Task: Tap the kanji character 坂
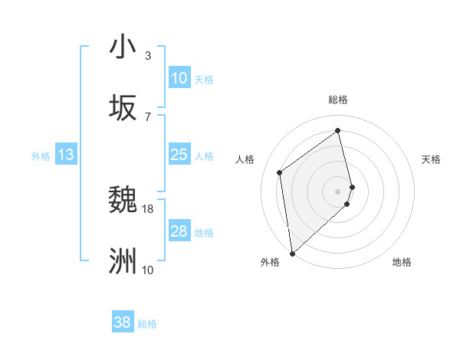point(123,108)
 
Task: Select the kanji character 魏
point(123,200)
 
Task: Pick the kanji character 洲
point(123,261)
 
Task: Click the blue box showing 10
point(179,78)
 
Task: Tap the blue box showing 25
point(179,155)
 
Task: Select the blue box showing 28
point(179,231)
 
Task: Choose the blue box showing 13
point(66,155)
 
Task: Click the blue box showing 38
point(123,322)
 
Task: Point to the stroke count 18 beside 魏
point(148,208)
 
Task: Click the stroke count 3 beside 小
point(148,55)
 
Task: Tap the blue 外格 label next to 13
point(41,156)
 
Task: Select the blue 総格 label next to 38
point(147,324)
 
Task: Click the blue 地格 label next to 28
point(204,233)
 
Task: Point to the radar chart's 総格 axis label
point(338,100)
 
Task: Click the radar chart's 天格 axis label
point(432,159)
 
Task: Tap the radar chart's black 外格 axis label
point(270,262)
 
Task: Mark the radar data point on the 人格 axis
point(280,172)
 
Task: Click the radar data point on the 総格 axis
point(338,130)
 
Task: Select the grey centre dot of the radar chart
point(338,191)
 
